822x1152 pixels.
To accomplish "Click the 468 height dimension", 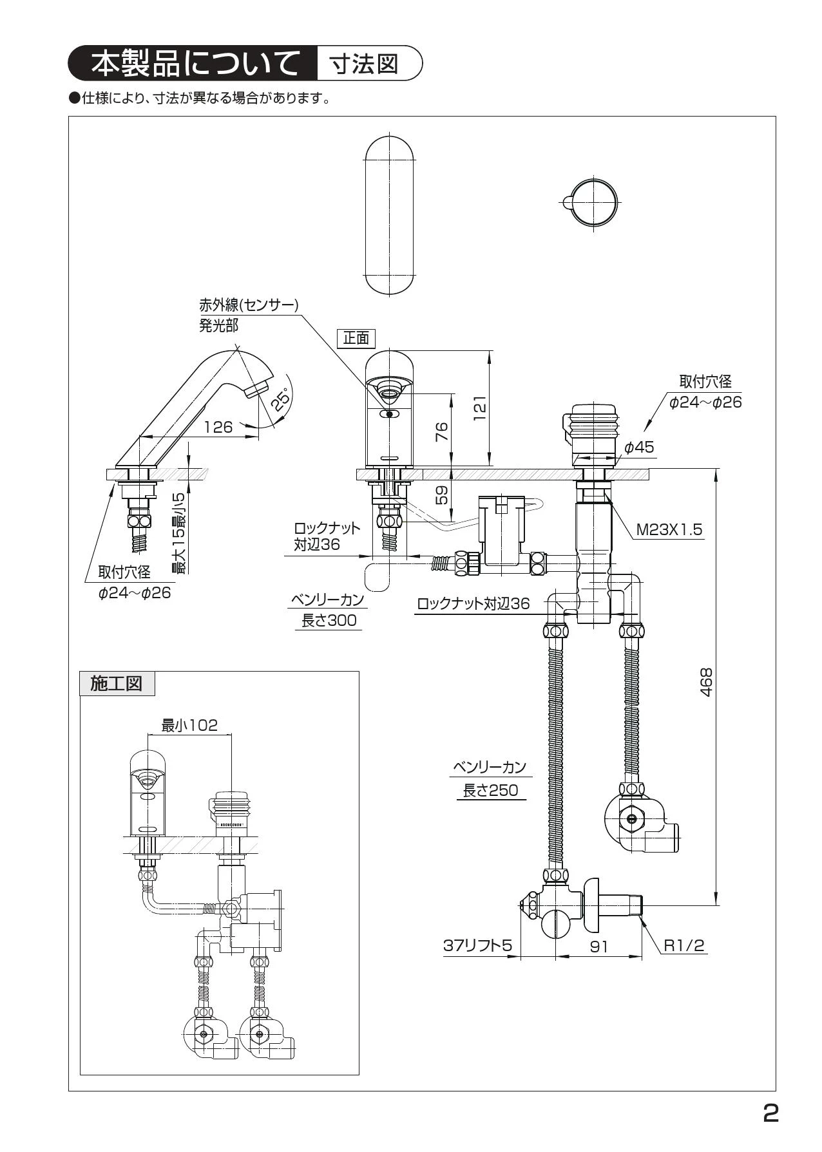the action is [x=707, y=683].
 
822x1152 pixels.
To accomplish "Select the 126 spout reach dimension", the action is [x=218, y=427].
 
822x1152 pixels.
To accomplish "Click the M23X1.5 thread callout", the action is [x=669, y=530].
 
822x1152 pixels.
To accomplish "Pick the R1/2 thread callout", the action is [x=684, y=946].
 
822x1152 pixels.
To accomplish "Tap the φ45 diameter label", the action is [x=639, y=446].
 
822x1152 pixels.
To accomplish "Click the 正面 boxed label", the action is [x=356, y=338].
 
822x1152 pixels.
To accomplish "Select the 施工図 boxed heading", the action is [x=117, y=683].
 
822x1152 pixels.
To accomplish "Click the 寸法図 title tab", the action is [x=364, y=63].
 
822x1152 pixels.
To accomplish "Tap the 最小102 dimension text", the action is [x=189, y=726].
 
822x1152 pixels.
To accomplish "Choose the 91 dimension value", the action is [x=599, y=947].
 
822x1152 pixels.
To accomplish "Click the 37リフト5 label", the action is [x=477, y=945].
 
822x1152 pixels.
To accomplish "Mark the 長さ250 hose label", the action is [x=491, y=791].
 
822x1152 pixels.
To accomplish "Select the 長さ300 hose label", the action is [x=329, y=621].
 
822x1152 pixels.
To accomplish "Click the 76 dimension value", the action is [x=441, y=431].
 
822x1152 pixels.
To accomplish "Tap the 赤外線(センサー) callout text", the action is [x=249, y=305].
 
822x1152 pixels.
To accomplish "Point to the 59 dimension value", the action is [x=441, y=495].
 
